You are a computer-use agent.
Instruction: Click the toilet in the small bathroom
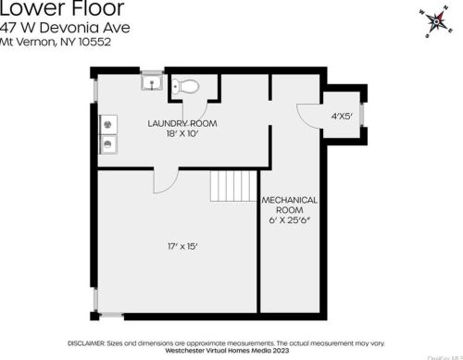(x=188, y=86)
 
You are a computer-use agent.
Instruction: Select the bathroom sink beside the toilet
(x=155, y=85)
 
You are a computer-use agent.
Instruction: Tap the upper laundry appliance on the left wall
(x=109, y=123)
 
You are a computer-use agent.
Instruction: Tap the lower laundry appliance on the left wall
(x=109, y=143)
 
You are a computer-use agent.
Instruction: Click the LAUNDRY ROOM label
(x=181, y=122)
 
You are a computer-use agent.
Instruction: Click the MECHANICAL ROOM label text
(x=290, y=205)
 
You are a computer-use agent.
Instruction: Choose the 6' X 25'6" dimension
(x=290, y=220)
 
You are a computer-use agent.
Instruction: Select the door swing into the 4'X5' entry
(x=307, y=114)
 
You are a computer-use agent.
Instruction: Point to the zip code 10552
(x=95, y=41)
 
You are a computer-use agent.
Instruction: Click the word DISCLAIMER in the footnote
(x=90, y=341)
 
